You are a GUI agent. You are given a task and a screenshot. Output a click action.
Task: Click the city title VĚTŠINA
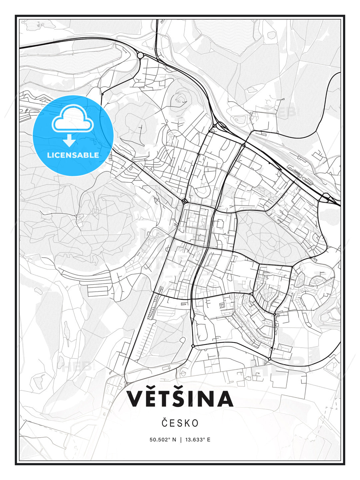pyautogui.click(x=180, y=399)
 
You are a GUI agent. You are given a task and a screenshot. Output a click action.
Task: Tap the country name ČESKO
pyautogui.click(x=180, y=423)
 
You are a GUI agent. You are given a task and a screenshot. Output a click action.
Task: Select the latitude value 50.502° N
pyautogui.click(x=163, y=439)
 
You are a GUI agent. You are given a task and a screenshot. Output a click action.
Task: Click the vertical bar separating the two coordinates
pyautogui.click(x=180, y=439)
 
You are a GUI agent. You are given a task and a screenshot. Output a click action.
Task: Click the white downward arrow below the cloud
pyautogui.click(x=69, y=141)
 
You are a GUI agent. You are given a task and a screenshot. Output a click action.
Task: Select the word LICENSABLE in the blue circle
pyautogui.click(x=73, y=155)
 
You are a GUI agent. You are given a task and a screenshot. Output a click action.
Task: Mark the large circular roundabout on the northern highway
pyautogui.click(x=140, y=55)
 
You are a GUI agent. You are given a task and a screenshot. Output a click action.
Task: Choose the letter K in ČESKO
pyautogui.click(x=186, y=423)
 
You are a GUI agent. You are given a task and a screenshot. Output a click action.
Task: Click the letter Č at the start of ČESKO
pyautogui.click(x=165, y=423)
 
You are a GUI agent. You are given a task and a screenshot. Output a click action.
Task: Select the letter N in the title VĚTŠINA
pyautogui.click(x=205, y=399)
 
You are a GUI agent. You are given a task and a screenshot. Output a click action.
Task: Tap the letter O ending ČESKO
pyautogui.click(x=195, y=423)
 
